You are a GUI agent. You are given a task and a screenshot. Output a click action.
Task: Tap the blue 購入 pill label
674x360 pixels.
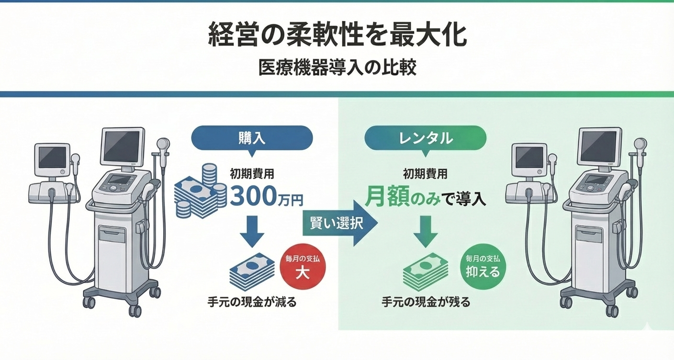(x=251, y=138)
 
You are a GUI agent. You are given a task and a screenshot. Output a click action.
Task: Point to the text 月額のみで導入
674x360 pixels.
(x=425, y=197)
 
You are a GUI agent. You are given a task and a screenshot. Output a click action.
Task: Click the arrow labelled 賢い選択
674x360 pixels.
(x=339, y=223)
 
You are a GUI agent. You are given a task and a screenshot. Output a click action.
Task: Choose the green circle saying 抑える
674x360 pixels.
(x=483, y=266)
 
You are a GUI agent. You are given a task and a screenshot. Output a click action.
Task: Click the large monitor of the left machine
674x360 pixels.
(x=122, y=146)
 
